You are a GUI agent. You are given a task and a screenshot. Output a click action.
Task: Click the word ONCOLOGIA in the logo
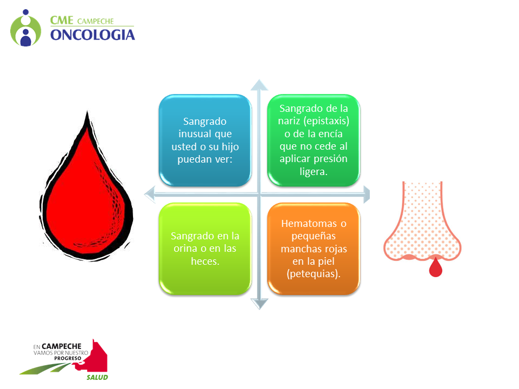tap(92, 35)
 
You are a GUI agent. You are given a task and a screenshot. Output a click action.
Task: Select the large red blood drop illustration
tap(86, 186)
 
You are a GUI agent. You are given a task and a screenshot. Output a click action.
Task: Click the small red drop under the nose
tap(436, 267)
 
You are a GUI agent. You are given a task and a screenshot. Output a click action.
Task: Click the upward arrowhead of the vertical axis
tap(259, 85)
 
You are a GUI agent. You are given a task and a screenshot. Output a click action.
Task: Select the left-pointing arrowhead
tap(150, 194)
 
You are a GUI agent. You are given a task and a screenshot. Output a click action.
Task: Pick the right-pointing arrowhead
tap(367, 194)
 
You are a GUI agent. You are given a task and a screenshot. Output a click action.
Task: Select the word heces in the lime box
tap(205, 261)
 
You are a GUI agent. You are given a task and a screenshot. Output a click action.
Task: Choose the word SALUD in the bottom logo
tap(97, 378)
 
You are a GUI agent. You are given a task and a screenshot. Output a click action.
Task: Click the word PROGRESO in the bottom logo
tap(68, 358)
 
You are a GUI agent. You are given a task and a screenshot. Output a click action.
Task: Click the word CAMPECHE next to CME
tap(96, 22)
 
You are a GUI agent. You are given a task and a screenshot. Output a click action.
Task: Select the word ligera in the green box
tap(313, 172)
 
